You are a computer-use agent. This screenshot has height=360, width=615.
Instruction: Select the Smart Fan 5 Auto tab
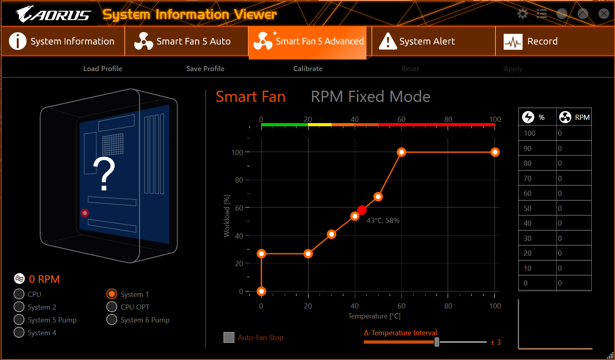point(186,41)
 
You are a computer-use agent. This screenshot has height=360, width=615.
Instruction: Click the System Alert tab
point(433,41)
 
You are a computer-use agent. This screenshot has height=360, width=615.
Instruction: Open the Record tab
point(555,41)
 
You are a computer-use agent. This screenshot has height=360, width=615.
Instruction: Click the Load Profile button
point(103,69)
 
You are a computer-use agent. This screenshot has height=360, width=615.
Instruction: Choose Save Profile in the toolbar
point(205,69)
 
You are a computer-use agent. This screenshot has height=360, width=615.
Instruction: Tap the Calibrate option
point(307,69)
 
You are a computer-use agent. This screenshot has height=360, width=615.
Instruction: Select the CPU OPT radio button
point(112,307)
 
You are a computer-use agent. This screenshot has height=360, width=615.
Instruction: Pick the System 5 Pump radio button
point(19,320)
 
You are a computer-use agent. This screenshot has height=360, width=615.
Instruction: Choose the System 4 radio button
point(19,332)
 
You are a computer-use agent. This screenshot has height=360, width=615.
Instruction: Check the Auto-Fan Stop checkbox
point(229,338)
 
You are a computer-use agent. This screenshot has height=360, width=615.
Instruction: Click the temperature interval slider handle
point(437,342)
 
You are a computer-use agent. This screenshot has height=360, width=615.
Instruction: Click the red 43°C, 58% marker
point(362,210)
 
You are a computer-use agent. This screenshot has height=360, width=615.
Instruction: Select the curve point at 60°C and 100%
point(401,152)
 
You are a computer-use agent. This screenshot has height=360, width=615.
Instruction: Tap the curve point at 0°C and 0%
point(261,291)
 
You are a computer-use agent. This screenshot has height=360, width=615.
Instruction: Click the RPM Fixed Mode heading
point(370,97)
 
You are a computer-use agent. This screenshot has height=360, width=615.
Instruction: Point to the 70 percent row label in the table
point(527,179)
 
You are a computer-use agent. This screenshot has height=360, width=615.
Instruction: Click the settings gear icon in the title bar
point(522,14)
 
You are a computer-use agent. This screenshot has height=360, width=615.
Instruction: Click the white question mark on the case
point(104,174)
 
